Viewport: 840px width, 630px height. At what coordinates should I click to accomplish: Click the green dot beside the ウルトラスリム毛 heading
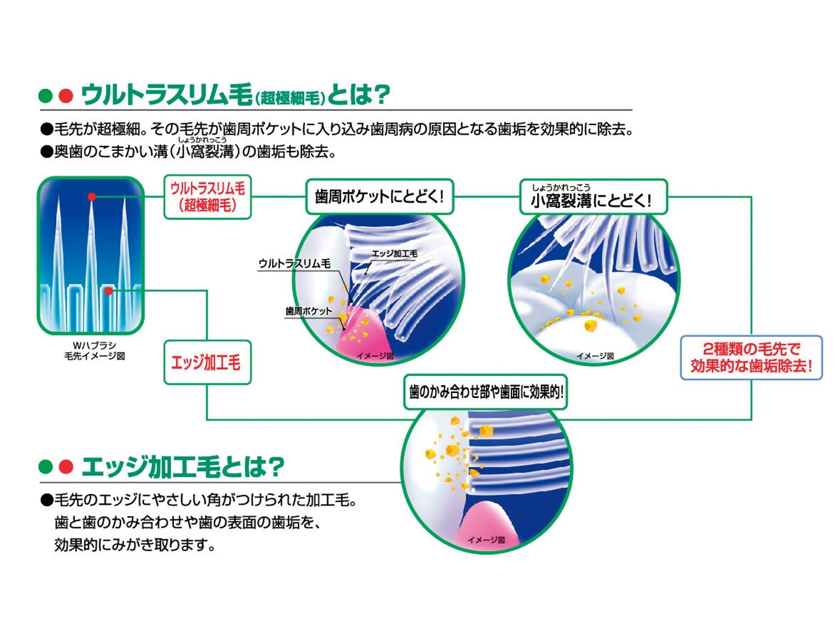(46, 96)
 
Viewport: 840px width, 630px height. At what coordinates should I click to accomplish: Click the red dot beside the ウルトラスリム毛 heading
(66, 96)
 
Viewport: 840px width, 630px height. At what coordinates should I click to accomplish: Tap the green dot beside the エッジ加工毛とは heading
(46, 467)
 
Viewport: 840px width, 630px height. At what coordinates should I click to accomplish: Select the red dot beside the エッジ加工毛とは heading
(66, 467)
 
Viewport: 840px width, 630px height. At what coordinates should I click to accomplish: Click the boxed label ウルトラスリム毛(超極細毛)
(207, 197)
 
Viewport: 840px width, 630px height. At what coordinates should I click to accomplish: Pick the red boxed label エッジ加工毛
(207, 362)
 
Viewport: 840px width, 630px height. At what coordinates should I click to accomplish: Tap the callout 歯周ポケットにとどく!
(379, 197)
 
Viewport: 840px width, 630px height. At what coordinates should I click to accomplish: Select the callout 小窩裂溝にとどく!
(593, 197)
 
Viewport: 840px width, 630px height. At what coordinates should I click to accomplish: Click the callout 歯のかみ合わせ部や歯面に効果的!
(486, 392)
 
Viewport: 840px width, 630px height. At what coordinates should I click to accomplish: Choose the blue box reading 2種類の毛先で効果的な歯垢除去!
(751, 358)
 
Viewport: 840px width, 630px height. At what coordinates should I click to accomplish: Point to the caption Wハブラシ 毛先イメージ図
(94, 351)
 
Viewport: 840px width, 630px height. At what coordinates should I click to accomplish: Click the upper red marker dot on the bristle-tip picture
(92, 197)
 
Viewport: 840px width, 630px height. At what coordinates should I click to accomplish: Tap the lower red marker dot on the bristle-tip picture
(108, 291)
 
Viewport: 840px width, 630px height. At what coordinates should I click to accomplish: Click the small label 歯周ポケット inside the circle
(308, 311)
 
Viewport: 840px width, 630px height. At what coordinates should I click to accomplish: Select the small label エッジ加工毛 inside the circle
(394, 254)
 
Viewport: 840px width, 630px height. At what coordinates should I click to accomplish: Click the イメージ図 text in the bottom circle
(486, 540)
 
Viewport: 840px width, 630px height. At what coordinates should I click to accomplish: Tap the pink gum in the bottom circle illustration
(486, 520)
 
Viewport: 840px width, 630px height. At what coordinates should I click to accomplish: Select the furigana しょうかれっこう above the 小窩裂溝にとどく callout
(561, 187)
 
